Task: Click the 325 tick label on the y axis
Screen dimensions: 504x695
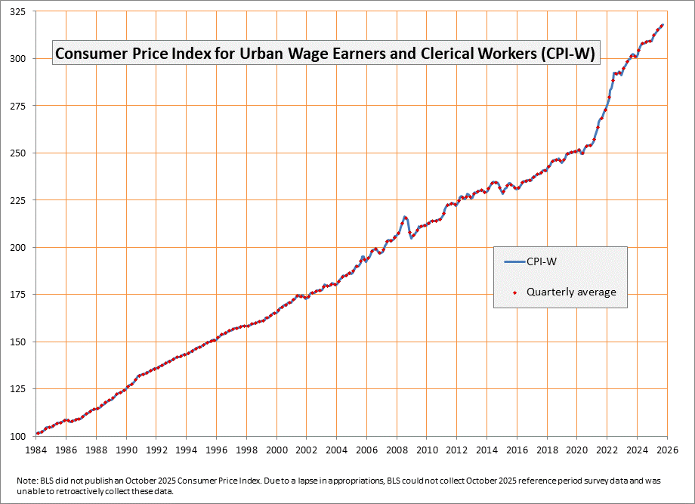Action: point(18,12)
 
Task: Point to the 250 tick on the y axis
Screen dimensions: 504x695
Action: point(18,153)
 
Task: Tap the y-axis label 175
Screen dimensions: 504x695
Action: point(18,295)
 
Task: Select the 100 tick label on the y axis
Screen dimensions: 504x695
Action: point(18,437)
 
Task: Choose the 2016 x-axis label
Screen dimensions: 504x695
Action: point(517,450)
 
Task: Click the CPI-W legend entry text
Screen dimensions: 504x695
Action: point(543,262)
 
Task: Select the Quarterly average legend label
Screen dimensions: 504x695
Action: point(571,292)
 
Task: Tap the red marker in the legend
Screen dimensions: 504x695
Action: point(515,292)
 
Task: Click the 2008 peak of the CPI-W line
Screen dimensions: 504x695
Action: point(405,217)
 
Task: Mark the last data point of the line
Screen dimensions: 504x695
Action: point(663,25)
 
